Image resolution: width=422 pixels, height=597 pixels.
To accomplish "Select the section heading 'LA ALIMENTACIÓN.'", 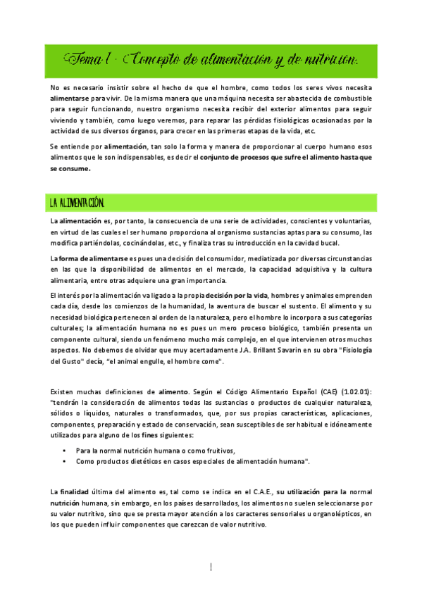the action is coord(77,203).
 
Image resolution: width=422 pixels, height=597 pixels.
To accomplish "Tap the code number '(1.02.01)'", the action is coord(356,390).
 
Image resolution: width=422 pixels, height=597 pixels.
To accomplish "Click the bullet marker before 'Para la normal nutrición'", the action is coord(64,450).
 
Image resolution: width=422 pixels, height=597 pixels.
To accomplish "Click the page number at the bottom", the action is coord(211,567).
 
